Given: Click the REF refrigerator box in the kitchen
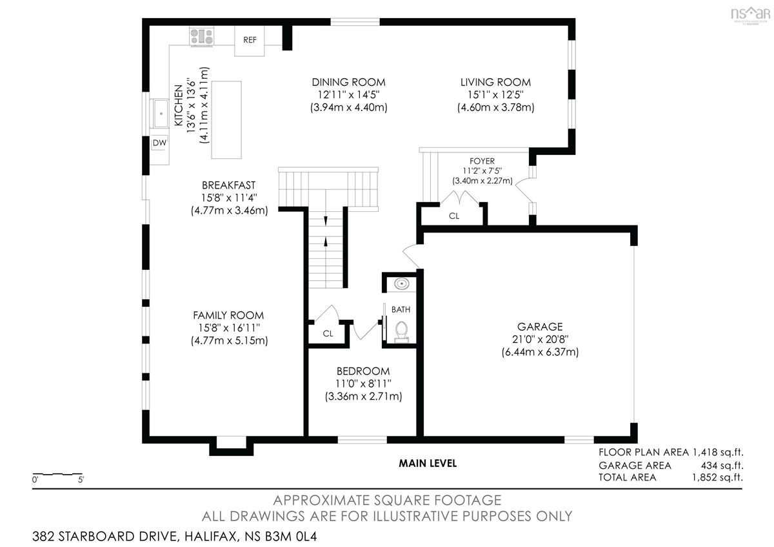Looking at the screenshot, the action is click(250, 41).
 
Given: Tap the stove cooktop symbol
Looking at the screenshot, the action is click(201, 36).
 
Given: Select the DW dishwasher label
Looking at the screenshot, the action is click(160, 143).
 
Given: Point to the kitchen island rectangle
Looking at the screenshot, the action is click(226, 119).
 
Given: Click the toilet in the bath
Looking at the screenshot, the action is click(401, 332).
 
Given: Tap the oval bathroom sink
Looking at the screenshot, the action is click(401, 284).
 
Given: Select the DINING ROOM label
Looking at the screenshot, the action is click(349, 83).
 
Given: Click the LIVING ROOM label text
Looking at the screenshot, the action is click(495, 83).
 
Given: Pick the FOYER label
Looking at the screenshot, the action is click(482, 161).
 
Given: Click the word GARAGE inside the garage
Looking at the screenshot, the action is click(540, 327).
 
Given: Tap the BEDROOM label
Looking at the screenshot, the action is click(363, 371).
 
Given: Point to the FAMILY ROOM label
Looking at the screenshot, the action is click(228, 315).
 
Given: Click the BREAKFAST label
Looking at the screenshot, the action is click(229, 185).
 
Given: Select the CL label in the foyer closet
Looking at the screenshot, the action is click(454, 216).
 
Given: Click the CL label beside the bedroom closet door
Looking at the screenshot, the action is click(328, 333).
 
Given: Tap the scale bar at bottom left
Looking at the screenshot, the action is click(57, 473).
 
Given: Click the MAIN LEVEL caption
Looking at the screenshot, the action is click(428, 463).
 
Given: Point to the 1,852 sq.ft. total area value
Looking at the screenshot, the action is click(717, 477).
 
